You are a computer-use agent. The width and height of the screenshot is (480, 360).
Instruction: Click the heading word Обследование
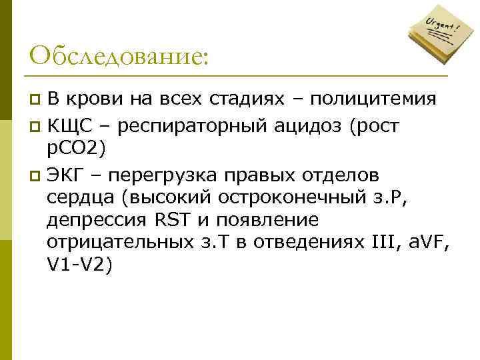pos(119,55)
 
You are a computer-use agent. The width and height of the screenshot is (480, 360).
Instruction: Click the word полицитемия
pos(374,100)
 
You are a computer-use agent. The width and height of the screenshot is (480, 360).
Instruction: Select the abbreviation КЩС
pos(69,125)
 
